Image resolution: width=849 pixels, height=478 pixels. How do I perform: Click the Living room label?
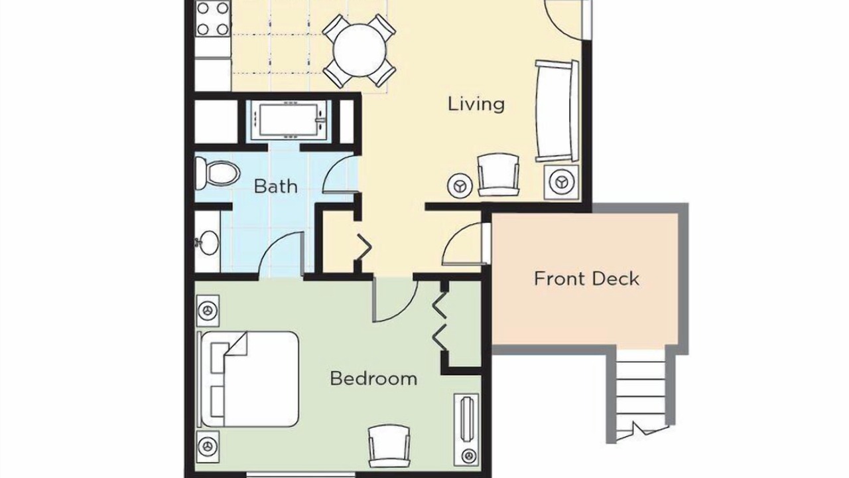click(476, 104)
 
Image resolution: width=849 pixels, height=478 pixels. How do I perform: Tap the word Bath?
click(275, 187)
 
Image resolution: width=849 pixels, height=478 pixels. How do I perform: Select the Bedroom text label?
click(373, 378)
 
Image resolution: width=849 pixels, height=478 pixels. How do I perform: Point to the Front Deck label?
click(587, 279)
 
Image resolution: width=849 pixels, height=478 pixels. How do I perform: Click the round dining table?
click(359, 50)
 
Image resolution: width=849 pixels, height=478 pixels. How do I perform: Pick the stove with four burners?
click(213, 18)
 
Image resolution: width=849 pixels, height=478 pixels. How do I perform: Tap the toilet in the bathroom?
click(217, 173)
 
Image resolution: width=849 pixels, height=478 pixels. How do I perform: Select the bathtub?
click(289, 120)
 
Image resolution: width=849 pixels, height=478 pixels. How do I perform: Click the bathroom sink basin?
click(208, 242)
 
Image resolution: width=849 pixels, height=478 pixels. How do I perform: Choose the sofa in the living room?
click(556, 111)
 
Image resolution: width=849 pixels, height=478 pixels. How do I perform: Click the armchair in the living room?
click(498, 175)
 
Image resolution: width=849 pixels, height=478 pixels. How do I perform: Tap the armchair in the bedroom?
click(389, 446)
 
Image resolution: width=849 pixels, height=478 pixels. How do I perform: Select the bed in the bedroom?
click(249, 379)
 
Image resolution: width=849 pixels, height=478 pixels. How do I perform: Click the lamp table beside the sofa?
click(561, 182)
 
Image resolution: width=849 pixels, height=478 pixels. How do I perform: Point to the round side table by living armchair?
click(460, 186)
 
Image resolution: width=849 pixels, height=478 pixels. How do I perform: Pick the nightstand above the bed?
click(208, 311)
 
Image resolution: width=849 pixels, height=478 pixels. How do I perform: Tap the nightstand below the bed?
click(208, 447)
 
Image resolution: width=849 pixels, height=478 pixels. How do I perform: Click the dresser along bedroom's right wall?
click(466, 430)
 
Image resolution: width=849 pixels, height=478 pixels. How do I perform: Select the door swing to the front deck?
click(465, 244)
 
